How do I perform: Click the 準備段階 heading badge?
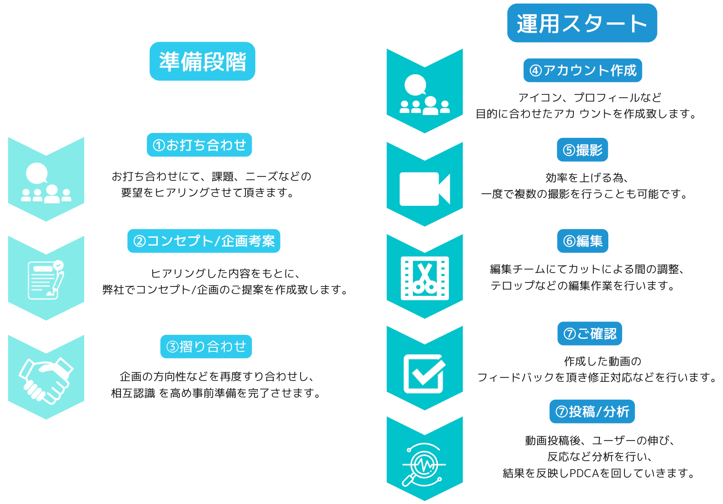[202, 61]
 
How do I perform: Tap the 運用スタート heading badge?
[582, 23]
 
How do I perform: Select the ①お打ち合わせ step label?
[199, 145]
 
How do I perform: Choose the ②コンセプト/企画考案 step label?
[204, 241]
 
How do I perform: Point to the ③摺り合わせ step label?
[206, 346]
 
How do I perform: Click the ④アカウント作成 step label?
[582, 71]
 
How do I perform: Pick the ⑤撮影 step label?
[582, 150]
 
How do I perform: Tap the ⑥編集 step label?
[582, 241]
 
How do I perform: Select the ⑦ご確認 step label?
[590, 334]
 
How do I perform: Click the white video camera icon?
[424, 189]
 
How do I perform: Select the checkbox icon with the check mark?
[424, 373]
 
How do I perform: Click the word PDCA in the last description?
[584, 474]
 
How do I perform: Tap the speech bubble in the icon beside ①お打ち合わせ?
[37, 173]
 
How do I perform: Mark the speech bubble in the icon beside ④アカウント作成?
[415, 85]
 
